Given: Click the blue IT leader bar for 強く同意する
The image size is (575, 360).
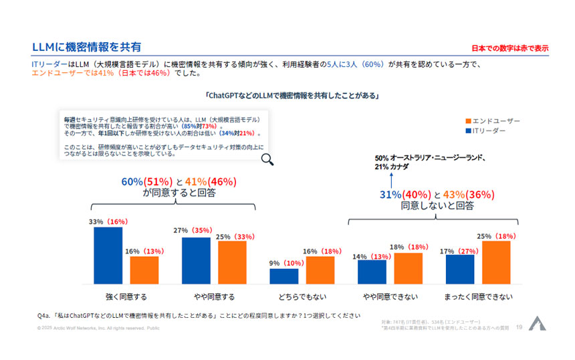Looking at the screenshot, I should point(108,256).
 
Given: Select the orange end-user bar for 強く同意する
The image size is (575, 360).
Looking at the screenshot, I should point(144,270).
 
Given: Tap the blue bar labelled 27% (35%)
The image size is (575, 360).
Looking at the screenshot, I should point(196,260).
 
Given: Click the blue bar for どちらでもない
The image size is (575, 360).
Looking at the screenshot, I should point(283,276).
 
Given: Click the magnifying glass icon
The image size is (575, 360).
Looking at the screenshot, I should point(267,159).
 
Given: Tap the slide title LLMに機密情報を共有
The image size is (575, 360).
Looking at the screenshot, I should point(87,47).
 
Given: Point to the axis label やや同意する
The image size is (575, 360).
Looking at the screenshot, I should point(214,296).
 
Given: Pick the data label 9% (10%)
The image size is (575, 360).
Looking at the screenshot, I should point(285,263).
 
